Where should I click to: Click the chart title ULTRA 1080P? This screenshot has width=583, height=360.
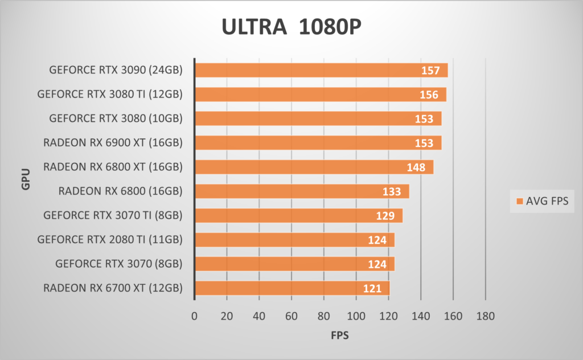click(291, 27)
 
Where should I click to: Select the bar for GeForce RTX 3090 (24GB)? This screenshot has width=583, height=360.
click(321, 70)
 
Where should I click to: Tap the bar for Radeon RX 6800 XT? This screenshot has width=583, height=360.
click(314, 167)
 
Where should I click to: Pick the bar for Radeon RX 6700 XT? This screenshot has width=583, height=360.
click(292, 288)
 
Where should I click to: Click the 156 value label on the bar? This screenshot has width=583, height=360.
click(429, 95)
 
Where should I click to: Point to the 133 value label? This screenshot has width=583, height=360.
click(392, 191)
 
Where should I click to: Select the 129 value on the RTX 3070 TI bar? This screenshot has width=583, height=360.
click(385, 216)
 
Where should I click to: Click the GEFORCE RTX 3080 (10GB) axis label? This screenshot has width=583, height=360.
click(116, 118)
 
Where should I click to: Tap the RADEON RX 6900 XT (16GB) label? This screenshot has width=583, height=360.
click(113, 142)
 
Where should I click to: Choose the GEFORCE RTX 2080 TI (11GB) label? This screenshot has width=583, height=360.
click(110, 239)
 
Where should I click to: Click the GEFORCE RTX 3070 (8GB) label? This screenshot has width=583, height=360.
click(119, 264)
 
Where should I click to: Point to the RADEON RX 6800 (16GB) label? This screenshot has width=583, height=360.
click(120, 191)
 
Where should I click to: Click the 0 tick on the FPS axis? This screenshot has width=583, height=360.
click(195, 316)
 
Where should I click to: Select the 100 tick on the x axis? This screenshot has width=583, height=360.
click(356, 316)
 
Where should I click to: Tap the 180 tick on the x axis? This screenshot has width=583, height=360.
click(485, 316)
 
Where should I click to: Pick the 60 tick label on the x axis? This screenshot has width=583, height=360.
click(291, 316)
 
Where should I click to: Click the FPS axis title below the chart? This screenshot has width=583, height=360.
click(340, 336)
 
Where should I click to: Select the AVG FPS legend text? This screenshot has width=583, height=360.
click(547, 201)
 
